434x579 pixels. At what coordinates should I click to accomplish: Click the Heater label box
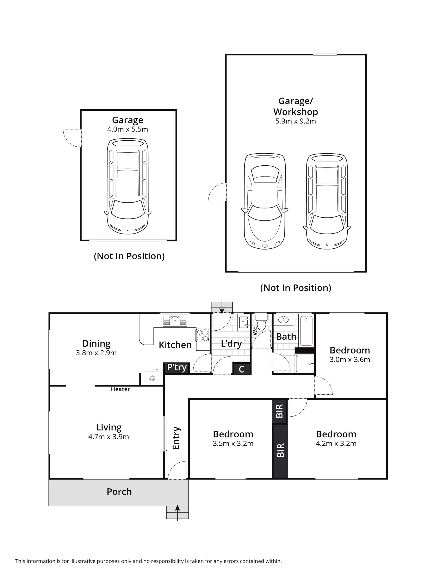point(120,389)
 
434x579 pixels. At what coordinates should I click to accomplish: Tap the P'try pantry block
point(177,368)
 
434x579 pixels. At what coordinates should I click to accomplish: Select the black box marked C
point(241,369)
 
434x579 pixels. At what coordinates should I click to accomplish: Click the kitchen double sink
point(175,321)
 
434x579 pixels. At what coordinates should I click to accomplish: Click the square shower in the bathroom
point(304,363)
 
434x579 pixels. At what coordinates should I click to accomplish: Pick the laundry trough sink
point(244,323)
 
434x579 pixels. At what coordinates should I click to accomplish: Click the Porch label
point(119,492)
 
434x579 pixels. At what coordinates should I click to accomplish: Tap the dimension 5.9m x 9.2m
point(296,121)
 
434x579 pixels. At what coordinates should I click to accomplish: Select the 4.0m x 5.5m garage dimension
point(128,129)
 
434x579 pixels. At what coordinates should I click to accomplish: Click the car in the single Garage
point(128,187)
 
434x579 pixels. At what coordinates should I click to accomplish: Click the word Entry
point(176,438)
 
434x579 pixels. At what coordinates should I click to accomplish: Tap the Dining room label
point(96,343)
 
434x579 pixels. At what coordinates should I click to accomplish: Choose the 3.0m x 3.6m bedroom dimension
point(350,360)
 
